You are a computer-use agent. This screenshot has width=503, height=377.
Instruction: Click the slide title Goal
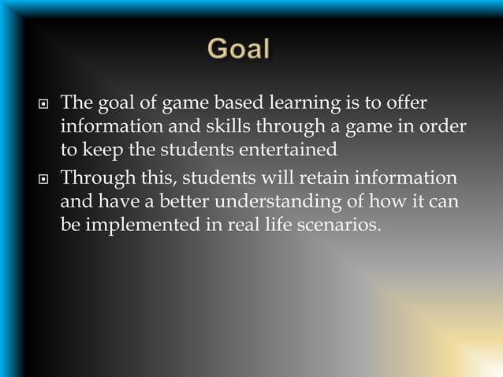tap(239, 50)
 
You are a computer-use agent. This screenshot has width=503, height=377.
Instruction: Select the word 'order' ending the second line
tap(445, 127)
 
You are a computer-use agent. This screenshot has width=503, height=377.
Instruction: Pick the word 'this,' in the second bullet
tap(157, 177)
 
